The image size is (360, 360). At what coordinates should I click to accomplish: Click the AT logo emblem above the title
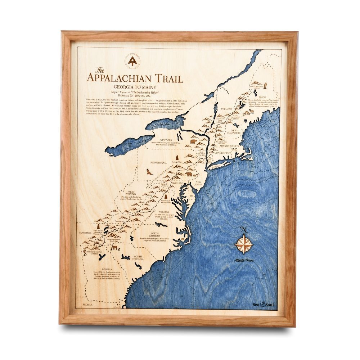134,61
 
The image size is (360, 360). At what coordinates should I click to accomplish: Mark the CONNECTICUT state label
222,153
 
